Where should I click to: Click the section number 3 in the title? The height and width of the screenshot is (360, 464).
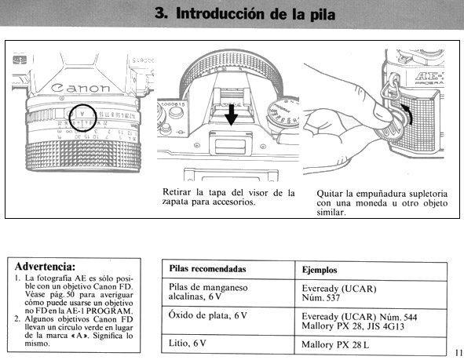point(161,13)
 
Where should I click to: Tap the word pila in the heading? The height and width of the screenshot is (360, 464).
point(323,14)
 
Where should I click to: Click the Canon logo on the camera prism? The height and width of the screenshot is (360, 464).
point(80,88)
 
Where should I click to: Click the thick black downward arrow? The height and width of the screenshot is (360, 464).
point(231,115)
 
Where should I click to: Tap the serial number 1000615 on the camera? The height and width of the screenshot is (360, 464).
point(173,104)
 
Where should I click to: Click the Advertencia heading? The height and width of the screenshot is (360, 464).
point(45,267)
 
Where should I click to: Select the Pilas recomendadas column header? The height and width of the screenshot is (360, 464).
point(207,269)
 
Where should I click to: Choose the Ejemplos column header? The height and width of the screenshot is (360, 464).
point(320,270)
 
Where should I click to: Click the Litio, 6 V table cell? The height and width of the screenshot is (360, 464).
point(187,344)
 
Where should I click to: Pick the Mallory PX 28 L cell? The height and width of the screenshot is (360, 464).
point(335,344)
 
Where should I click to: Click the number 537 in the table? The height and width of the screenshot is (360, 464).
point(332,297)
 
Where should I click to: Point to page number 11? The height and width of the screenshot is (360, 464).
point(459,352)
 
